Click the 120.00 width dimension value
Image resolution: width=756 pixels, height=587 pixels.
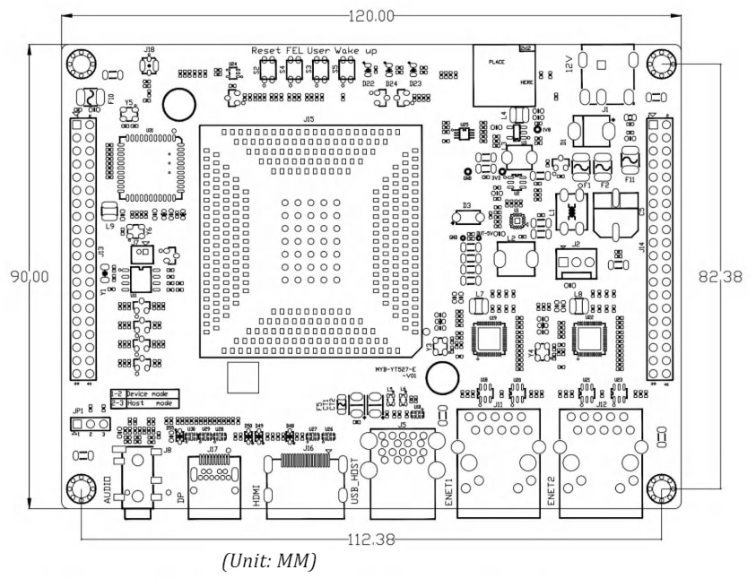371,15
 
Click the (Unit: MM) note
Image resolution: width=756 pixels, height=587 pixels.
269,562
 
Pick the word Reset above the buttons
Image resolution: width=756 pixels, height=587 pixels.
266,51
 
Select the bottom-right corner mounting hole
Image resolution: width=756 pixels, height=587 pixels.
662,488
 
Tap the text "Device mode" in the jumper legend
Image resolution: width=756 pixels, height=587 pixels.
150,393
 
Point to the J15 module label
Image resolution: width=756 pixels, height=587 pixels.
308,118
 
